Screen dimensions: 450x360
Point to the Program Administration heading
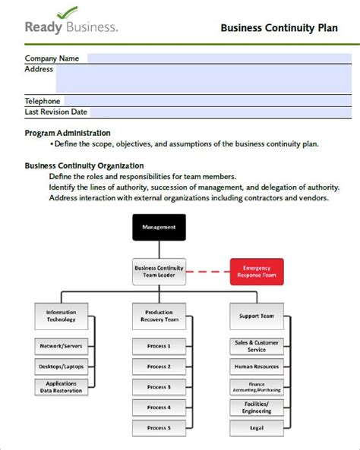click(x=68, y=133)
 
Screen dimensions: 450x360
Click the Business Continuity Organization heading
click(x=84, y=165)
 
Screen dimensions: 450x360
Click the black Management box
click(x=159, y=227)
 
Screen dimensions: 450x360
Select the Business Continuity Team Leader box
click(x=159, y=272)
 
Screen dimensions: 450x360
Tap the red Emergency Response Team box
click(x=256, y=272)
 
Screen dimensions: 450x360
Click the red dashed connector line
click(x=207, y=272)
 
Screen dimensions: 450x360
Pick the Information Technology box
click(x=61, y=316)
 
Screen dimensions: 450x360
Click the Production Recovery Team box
click(x=159, y=316)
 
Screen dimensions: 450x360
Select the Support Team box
click(x=256, y=316)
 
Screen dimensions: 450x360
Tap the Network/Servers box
click(x=61, y=346)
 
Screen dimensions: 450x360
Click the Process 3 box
click(x=159, y=387)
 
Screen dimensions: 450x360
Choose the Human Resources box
click(x=256, y=367)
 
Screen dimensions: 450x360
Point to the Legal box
click(x=256, y=428)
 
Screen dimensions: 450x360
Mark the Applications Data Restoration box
click(x=61, y=387)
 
